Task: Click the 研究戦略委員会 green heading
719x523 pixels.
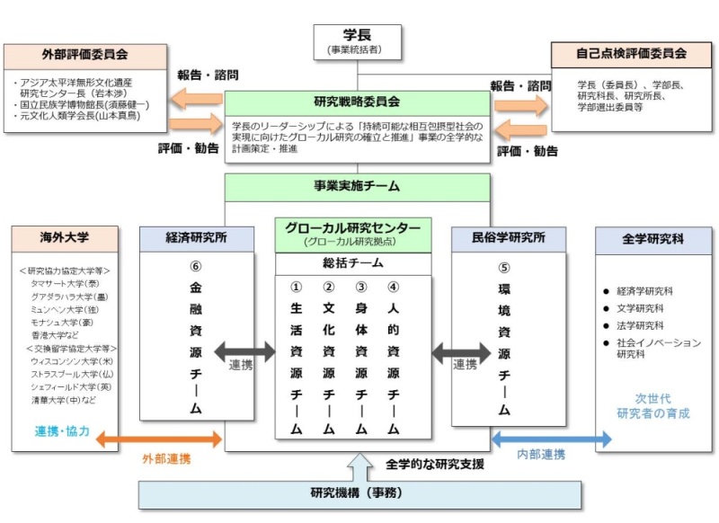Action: click(358, 102)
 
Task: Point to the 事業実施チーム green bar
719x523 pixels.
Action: click(358, 187)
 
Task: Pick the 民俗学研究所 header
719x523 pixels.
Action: click(508, 239)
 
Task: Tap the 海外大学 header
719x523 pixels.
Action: click(65, 239)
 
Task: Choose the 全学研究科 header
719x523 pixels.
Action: click(652, 240)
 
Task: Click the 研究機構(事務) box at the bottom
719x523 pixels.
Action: click(358, 493)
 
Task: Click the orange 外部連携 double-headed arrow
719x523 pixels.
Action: click(158, 439)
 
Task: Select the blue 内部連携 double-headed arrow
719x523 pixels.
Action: click(551, 439)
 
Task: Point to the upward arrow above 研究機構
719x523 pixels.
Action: click(358, 466)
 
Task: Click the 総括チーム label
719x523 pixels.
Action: click(353, 263)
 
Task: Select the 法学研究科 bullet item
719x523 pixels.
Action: click(640, 325)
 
